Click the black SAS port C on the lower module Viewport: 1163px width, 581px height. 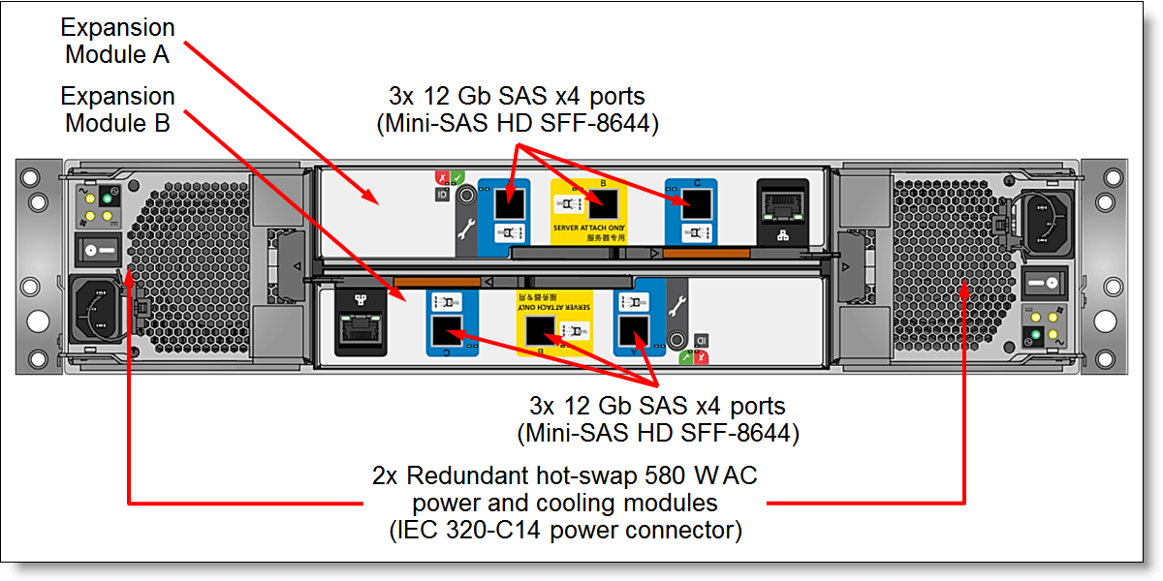coord(447,332)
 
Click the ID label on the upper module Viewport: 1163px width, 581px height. coord(441,195)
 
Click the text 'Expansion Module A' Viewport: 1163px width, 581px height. coord(117,41)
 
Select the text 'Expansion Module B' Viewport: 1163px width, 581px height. coord(117,109)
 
